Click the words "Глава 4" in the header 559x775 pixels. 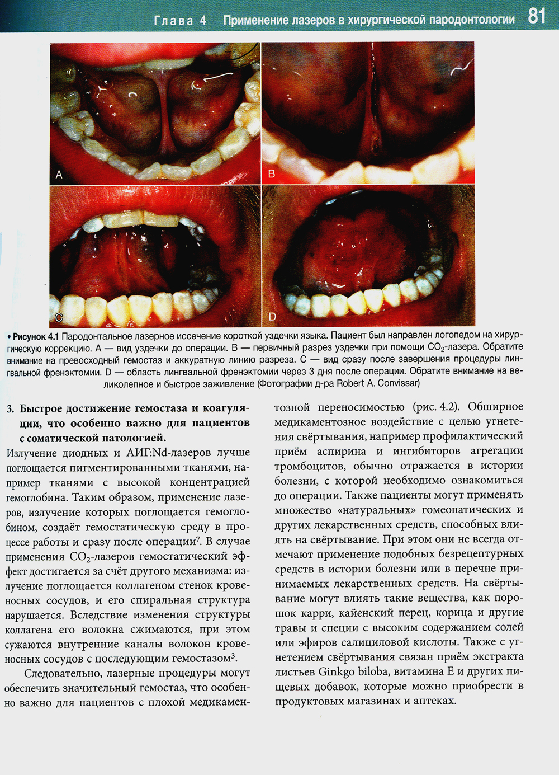tap(179, 21)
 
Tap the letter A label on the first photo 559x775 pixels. tap(59, 175)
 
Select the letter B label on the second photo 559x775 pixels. tap(272, 174)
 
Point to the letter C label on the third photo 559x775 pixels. tap(59, 318)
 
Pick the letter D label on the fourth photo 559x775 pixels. tap(272, 317)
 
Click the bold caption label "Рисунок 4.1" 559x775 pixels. tap(36, 336)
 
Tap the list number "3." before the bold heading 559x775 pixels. tap(11, 408)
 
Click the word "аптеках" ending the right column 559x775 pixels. tap(434, 701)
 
